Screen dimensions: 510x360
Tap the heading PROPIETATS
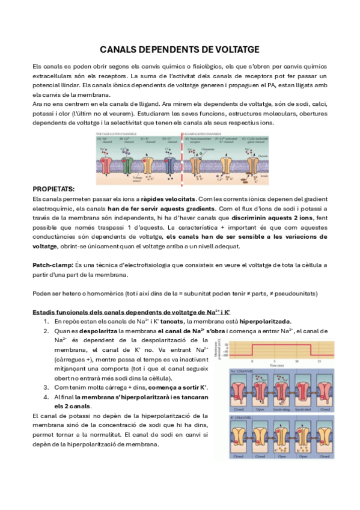coord(55,188)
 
